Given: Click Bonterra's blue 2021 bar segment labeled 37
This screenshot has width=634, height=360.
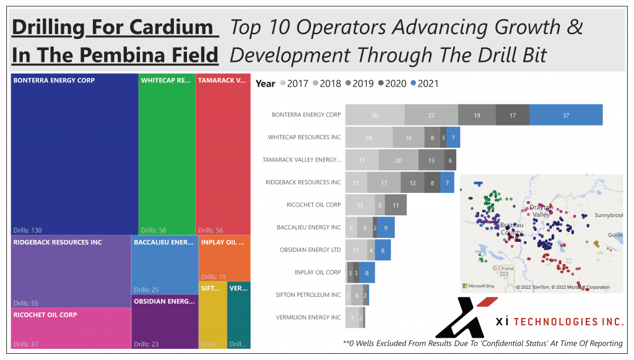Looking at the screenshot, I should point(566,115).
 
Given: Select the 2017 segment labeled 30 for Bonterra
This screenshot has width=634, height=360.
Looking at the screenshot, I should point(375,115).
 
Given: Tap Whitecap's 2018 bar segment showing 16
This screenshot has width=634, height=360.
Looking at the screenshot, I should point(409,137).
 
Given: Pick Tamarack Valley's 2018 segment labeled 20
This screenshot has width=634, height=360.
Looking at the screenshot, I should point(398,160).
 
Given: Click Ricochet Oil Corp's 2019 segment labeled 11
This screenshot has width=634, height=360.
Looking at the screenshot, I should point(396,205).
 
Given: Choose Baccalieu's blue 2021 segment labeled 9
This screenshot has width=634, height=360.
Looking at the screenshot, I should point(386,228).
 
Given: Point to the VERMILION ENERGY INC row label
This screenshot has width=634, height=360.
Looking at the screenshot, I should point(308,317).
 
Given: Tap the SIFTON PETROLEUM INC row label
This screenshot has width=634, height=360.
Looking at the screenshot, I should point(308,295).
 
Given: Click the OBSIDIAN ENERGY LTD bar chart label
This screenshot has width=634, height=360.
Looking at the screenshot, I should point(310,250).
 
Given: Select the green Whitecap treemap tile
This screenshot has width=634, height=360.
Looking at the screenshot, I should point(166,155).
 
